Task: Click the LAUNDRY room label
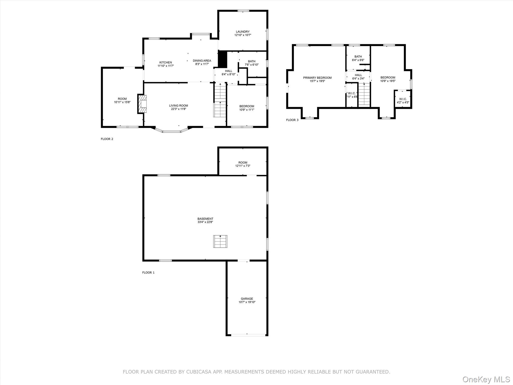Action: tap(243, 32)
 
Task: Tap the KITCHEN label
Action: tap(166, 63)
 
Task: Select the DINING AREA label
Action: tap(202, 61)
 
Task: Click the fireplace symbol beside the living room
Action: tap(142, 104)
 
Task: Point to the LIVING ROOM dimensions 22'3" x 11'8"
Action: tap(179, 109)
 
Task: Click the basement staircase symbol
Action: tap(220, 241)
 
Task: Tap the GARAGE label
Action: tap(247, 299)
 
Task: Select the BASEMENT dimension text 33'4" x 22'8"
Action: tap(205, 222)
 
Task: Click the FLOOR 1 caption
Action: tap(148, 272)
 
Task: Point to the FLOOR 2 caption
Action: tap(107, 139)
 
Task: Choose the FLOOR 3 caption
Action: tap(292, 120)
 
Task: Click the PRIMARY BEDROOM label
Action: tap(317, 78)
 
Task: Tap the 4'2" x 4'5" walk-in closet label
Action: tap(403, 101)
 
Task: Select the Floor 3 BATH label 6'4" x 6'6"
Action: tap(358, 58)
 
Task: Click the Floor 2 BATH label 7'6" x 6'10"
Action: tap(252, 63)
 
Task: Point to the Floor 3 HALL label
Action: tap(358, 75)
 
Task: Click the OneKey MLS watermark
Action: tap(486, 379)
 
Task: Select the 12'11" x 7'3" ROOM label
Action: tap(243, 164)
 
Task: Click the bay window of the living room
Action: tap(172, 131)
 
